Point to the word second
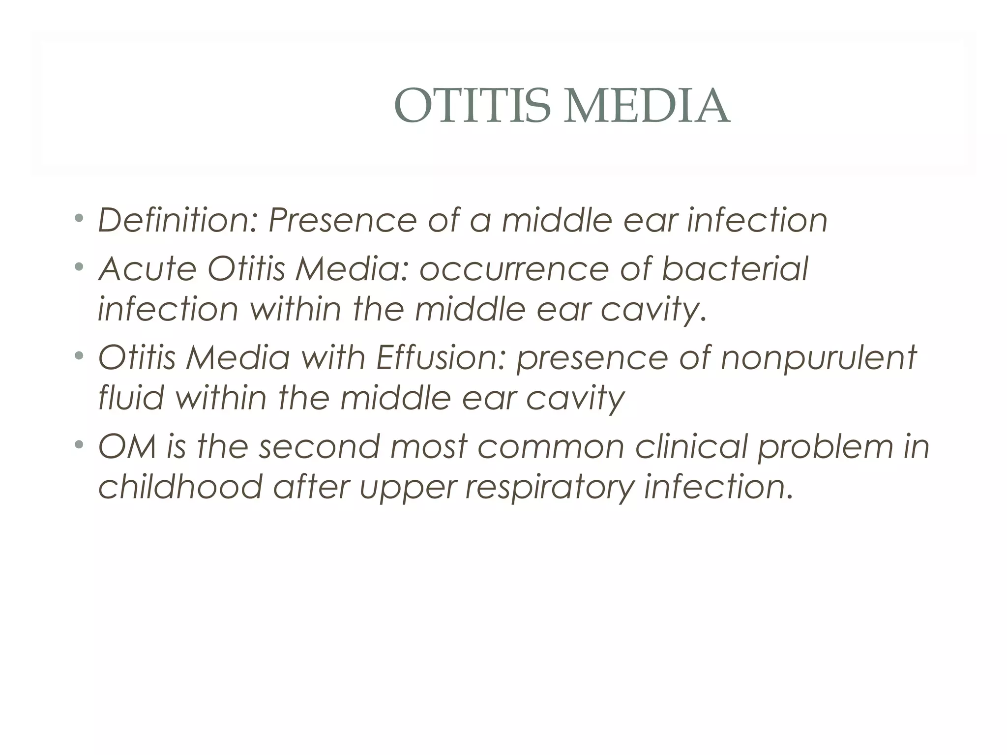[320, 446]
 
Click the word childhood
[180, 487]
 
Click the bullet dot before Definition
[79, 217]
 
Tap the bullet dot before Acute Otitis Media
[79, 266]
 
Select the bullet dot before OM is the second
[79, 443]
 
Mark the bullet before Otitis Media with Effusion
[79, 354]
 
